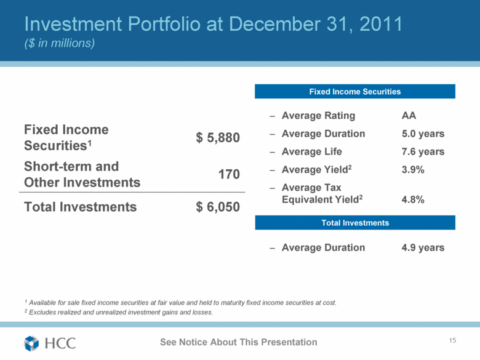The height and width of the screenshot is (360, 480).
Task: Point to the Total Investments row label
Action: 80,207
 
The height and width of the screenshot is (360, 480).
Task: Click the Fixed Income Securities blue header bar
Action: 354,92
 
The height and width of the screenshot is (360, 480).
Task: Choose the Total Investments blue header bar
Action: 354,222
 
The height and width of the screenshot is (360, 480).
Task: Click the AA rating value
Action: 409,116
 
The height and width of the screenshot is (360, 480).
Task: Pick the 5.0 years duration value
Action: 423,134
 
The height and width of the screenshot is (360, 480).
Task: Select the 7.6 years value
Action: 423,151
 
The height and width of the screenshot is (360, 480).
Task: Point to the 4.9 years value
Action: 423,247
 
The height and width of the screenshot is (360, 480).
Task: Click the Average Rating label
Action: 318,116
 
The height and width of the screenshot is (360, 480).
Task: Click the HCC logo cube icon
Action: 32,343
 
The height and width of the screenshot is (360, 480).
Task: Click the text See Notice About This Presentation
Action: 238,342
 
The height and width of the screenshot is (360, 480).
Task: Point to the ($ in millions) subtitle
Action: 59,44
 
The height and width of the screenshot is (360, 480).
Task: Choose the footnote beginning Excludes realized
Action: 121,313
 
